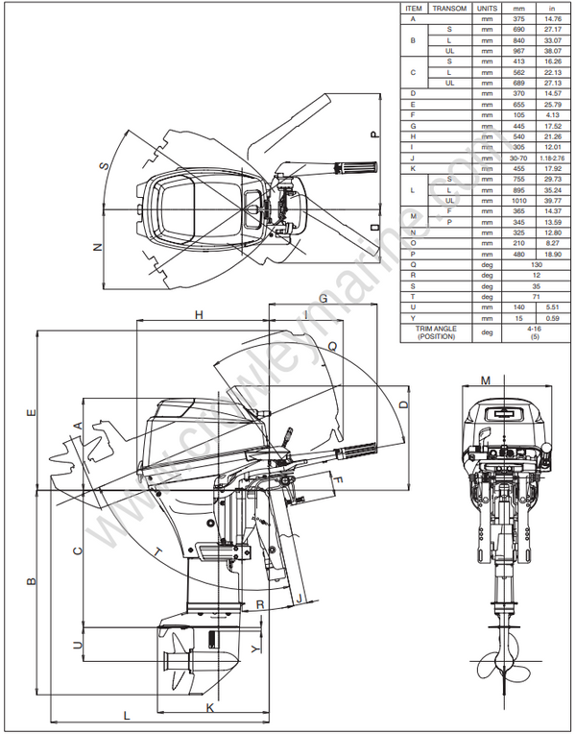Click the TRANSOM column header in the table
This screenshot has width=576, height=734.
449,8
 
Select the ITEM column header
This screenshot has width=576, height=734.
413,8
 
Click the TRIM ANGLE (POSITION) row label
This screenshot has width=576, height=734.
436,332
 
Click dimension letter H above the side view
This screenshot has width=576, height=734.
200,315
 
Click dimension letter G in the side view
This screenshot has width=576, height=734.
324,299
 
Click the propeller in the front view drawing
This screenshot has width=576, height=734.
497,669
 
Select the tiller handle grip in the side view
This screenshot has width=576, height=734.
357,450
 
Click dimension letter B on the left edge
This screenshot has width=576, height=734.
31,582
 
